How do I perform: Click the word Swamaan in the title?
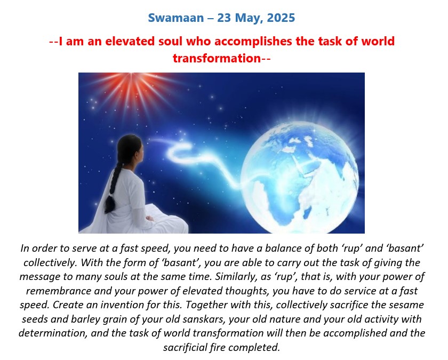[175, 18]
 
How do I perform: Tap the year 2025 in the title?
[281, 18]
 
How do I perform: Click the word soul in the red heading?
[170, 41]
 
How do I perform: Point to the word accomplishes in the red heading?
[253, 42]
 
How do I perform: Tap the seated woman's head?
[130, 150]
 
